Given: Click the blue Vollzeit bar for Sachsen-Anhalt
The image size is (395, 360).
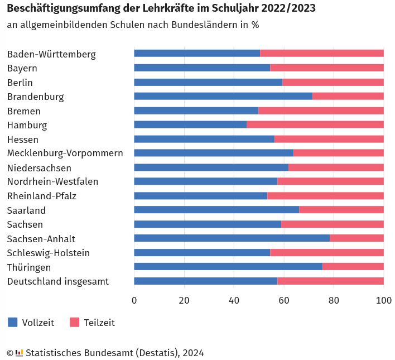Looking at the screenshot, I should [232, 238].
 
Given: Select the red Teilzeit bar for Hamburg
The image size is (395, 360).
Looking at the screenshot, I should [315, 124].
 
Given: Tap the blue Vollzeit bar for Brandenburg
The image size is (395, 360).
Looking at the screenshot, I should [223, 96].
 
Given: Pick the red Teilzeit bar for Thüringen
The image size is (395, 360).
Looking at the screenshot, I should [353, 267].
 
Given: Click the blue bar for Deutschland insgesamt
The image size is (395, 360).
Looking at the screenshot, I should [205, 281].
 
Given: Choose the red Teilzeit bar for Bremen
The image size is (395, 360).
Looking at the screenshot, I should [321, 111].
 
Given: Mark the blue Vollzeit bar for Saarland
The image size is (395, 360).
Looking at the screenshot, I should [216, 210].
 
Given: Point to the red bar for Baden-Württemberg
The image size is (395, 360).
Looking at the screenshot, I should [322, 54].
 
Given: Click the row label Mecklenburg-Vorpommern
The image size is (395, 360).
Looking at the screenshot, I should [65, 153].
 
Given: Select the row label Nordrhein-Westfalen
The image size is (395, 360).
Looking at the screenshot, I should [52, 181].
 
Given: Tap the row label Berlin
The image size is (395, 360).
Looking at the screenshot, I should [20, 83].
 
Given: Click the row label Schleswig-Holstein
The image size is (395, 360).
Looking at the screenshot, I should [49, 253].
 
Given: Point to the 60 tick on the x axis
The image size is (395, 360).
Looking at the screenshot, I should [284, 300].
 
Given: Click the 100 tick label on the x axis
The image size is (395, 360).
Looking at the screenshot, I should [383, 300].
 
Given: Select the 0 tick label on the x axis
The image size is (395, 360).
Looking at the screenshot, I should [134, 300].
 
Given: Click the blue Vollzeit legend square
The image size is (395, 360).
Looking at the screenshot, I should [12, 322].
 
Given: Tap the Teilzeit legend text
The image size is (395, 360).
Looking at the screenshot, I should [99, 323].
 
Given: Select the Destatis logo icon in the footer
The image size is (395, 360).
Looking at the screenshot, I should [20, 353].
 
